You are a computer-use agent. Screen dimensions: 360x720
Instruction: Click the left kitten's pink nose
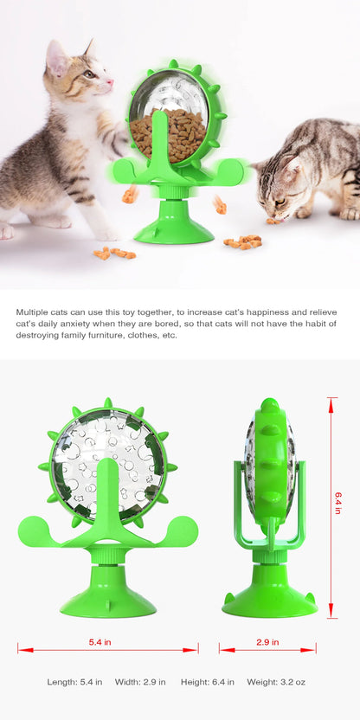(x=110, y=81)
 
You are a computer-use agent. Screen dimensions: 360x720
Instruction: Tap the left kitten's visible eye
(x=91, y=73)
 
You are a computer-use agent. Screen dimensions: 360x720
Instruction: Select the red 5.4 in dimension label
(x=100, y=642)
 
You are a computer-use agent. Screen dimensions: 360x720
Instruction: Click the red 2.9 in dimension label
(x=267, y=642)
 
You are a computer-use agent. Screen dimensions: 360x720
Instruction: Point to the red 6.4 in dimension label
(x=338, y=504)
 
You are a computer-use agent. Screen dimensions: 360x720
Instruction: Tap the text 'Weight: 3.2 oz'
(x=276, y=682)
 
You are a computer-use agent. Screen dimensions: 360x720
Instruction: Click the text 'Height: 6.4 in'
(x=208, y=682)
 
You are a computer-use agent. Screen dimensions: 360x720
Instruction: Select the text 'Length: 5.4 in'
(x=74, y=682)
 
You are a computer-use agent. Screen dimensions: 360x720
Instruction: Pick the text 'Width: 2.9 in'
(x=140, y=682)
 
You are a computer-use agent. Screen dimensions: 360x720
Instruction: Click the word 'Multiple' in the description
(x=31, y=312)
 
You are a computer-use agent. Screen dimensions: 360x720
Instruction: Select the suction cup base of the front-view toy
(x=108, y=595)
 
